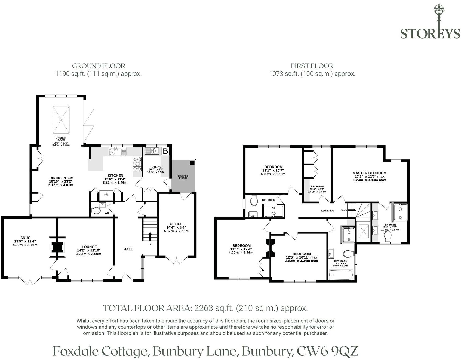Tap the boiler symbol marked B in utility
click(165, 151)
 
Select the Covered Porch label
click(183, 177)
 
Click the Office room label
click(176, 224)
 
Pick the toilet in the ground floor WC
click(95, 211)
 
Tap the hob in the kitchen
click(137, 164)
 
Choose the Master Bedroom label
click(369, 173)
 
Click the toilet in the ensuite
click(388, 236)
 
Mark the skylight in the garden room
click(61, 118)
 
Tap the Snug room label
click(25, 238)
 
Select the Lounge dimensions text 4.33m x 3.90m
click(89, 254)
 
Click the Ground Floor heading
click(99, 66)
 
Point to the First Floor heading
click(312, 66)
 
